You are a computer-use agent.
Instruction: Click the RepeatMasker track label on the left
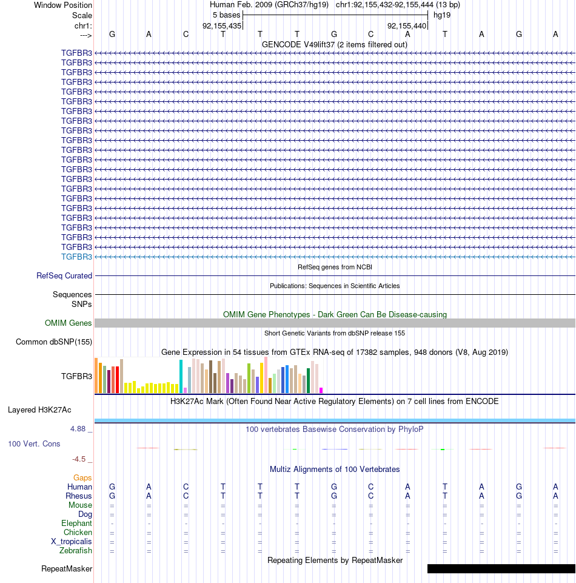click(x=67, y=568)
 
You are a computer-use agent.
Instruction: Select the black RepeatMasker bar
click(x=501, y=568)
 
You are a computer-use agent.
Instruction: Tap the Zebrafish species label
click(x=75, y=550)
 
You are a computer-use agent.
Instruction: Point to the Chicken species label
click(x=78, y=532)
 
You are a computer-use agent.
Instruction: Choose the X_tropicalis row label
click(x=72, y=541)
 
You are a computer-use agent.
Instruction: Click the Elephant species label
click(x=76, y=523)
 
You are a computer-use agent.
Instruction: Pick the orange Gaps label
click(x=82, y=477)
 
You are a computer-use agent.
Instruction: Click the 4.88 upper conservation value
click(x=78, y=429)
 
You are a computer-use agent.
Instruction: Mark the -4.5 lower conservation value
click(x=79, y=459)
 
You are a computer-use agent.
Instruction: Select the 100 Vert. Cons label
click(x=34, y=443)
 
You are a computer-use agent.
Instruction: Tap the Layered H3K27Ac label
click(x=39, y=409)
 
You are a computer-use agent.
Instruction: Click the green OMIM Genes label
click(x=69, y=323)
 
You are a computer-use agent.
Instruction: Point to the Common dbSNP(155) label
click(x=54, y=342)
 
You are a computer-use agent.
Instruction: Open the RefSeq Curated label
click(x=64, y=275)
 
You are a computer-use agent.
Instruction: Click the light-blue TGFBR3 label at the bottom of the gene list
click(x=76, y=257)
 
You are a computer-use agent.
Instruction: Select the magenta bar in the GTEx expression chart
click(x=321, y=391)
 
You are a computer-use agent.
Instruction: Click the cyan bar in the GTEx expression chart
click(x=181, y=376)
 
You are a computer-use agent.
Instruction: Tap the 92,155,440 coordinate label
click(x=407, y=25)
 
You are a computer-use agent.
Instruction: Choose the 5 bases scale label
click(x=227, y=15)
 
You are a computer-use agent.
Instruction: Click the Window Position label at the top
click(x=63, y=5)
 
